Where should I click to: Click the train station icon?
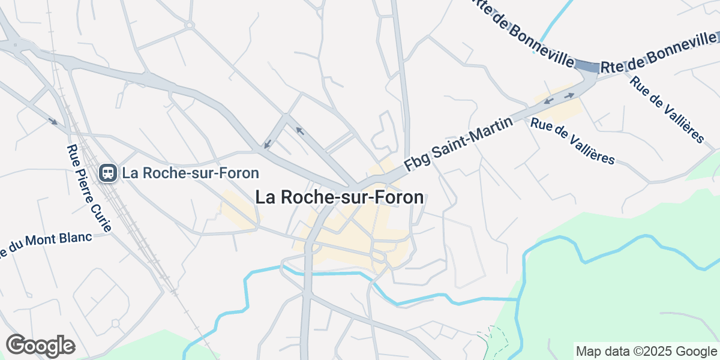(x=108, y=173)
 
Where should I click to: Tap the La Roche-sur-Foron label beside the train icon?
(x=190, y=173)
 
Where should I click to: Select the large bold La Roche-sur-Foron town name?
(x=340, y=197)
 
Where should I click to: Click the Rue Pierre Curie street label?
(x=89, y=188)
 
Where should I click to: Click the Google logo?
(x=40, y=345)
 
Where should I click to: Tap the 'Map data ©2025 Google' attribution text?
(x=646, y=351)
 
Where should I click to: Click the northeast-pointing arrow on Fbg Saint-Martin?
(x=568, y=95)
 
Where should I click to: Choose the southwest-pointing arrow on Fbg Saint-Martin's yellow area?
(x=548, y=101)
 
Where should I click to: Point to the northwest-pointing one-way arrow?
(x=299, y=130)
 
